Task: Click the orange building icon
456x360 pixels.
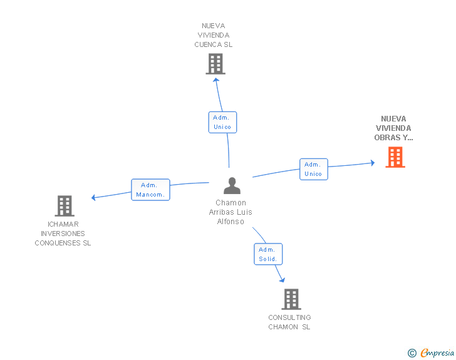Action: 395,157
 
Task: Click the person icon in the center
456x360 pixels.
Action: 232,185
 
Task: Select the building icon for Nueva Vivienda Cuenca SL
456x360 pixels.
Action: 215,64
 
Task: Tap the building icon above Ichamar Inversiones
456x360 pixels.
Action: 65,206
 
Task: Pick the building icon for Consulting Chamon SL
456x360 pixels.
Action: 291,299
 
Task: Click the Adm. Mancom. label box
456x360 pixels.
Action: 150,190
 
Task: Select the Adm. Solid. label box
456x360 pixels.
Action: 268,254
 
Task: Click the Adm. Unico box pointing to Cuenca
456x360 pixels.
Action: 222,122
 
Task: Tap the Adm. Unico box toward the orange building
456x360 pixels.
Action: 314,169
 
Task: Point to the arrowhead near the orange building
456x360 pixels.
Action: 373,163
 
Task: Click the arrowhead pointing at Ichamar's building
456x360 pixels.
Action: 93,198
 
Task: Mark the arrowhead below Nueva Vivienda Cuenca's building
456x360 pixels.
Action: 215,80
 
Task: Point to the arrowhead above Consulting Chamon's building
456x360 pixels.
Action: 282,280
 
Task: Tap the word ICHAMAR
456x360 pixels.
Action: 63,224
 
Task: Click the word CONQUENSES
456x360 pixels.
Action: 57,243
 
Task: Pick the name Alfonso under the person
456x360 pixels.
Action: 231,222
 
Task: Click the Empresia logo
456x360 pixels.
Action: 431,352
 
